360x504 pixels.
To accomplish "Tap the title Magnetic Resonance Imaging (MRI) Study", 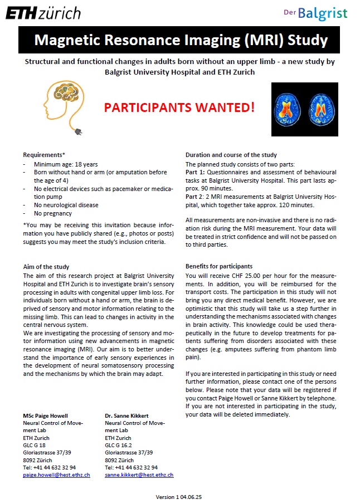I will click(x=181, y=41).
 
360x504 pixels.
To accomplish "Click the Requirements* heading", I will click(x=44, y=155).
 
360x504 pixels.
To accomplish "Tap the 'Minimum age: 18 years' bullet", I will click(x=66, y=165).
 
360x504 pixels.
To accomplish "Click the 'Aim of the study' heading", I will click(x=46, y=267).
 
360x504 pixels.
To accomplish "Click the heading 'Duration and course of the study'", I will click(x=231, y=155).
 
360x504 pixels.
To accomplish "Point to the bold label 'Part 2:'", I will click(x=196, y=197).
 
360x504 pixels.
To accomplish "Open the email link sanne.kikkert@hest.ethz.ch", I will click(x=139, y=475).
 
